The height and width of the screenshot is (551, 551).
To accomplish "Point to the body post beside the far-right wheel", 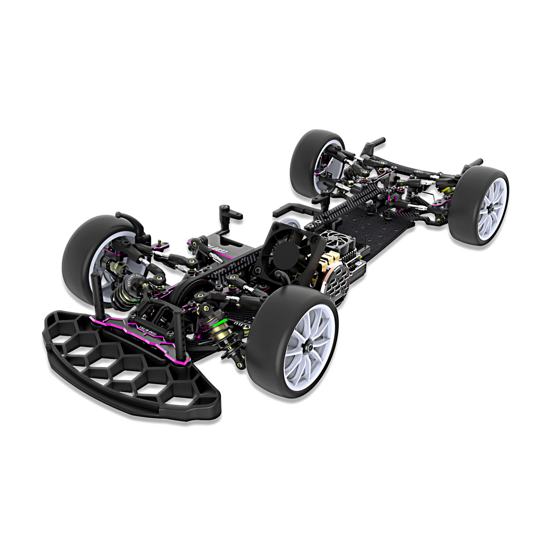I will pos(472,164).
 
